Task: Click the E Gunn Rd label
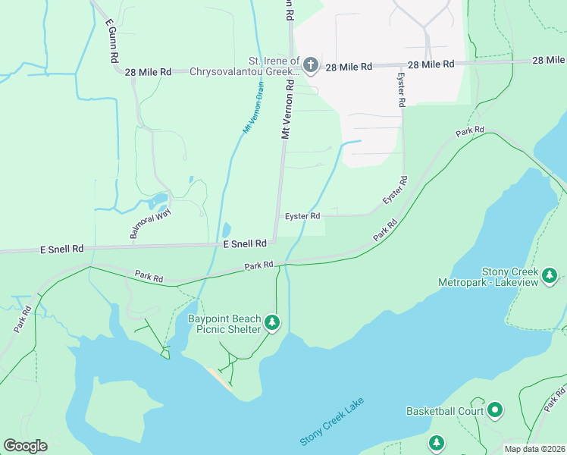pyautogui.click(x=111, y=42)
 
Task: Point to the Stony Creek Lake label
pyautogui.click(x=332, y=421)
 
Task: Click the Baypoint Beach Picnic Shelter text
pyautogui.click(x=224, y=324)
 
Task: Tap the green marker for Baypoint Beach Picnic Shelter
pyautogui.click(x=273, y=324)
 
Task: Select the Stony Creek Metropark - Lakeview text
pyautogui.click(x=488, y=277)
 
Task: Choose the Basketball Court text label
pyautogui.click(x=444, y=411)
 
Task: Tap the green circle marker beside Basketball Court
pyautogui.click(x=495, y=411)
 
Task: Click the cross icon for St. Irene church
pyautogui.click(x=312, y=64)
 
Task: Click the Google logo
pyautogui.click(x=25, y=446)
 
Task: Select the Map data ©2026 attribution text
pyautogui.click(x=534, y=448)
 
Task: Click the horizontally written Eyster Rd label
pyautogui.click(x=302, y=216)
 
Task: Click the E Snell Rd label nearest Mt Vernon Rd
pyautogui.click(x=244, y=243)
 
